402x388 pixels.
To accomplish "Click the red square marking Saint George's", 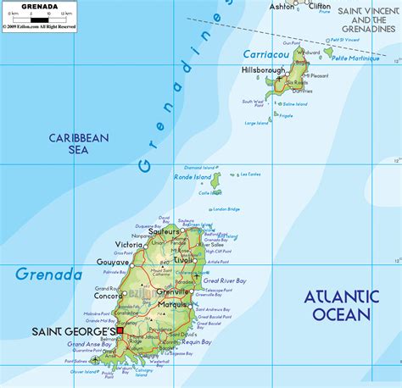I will (x=120, y=330).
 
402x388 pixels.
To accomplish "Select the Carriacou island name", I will (x=266, y=53).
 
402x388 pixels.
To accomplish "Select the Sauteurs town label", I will (x=164, y=230).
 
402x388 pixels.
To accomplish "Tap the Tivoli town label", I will (x=183, y=260).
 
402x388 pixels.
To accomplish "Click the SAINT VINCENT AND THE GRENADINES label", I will (x=367, y=20).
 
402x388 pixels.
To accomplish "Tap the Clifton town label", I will (x=320, y=6).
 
